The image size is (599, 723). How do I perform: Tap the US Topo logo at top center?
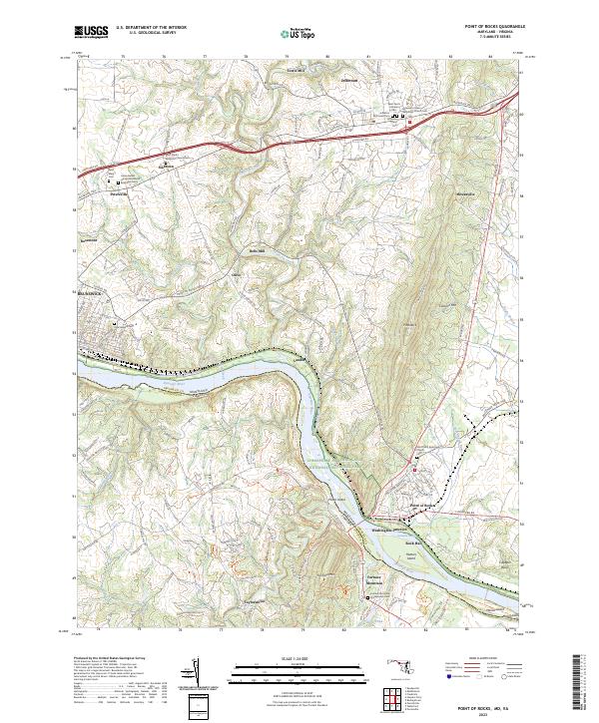[x=299, y=32]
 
